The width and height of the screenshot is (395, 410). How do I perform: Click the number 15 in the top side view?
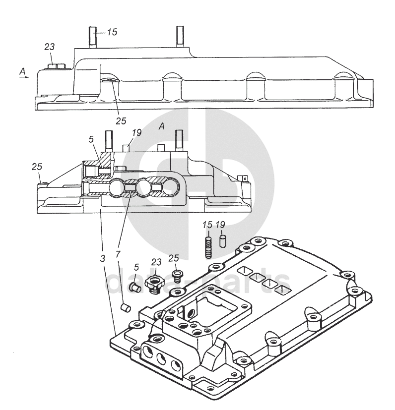tap(112, 32)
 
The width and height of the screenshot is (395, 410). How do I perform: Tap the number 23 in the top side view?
tap(49, 47)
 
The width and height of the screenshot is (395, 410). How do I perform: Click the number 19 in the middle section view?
tap(137, 132)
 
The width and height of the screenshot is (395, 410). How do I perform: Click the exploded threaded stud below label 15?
tap(208, 247)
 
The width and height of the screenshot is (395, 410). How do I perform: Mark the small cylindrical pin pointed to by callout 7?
tap(126, 307)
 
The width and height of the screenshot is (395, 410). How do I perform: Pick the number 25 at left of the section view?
tap(37, 166)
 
